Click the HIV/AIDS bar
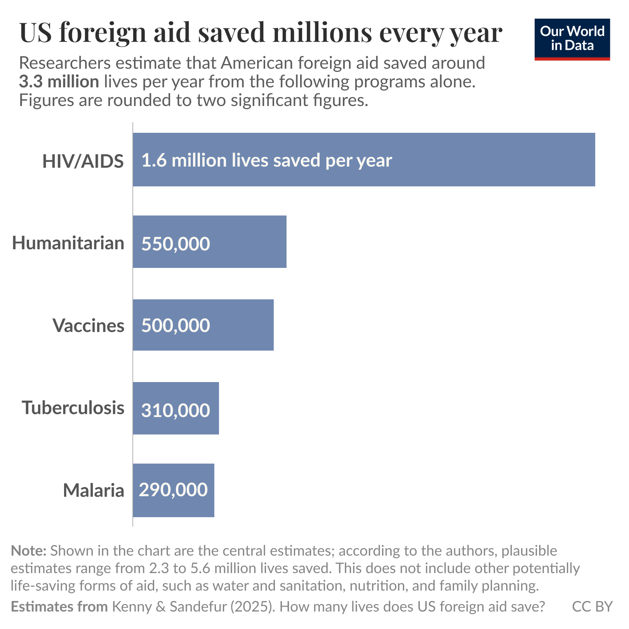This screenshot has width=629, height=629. [466, 160]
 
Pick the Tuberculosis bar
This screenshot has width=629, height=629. [214, 408]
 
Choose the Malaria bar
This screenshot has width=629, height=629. [211, 490]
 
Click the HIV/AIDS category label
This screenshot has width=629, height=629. [83, 161]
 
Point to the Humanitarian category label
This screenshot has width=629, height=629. [68, 243]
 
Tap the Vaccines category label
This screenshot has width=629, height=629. [89, 325]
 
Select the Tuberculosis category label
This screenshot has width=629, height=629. [73, 408]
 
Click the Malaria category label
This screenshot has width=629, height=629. [94, 490]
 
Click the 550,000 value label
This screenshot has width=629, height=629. [175, 244]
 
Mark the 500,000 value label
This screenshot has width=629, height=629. [175, 325]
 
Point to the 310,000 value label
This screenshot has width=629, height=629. [175, 410]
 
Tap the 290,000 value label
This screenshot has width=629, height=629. [173, 490]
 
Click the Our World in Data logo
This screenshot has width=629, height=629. [572, 39]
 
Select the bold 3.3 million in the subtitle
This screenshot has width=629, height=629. [59, 82]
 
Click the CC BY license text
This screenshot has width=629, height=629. [592, 606]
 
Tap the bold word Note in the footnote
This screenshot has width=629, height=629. [29, 551]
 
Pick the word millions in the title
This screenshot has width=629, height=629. [322, 33]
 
